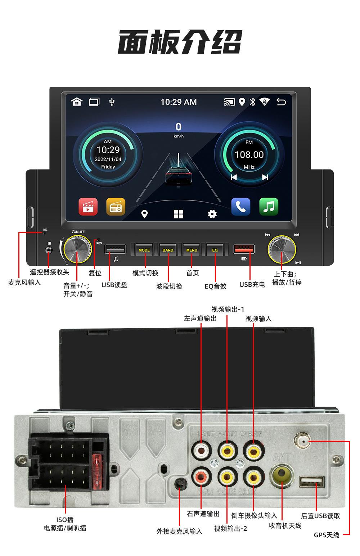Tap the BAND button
pyautogui.click(x=168, y=250)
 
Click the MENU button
pyautogui.click(x=192, y=250)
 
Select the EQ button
pyautogui.click(x=215, y=250)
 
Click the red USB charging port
pyautogui.click(x=244, y=249)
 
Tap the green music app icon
pyautogui.click(x=269, y=207)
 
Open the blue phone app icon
pyautogui.click(x=240, y=207)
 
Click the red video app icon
pyautogui.click(x=88, y=207)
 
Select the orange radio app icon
pyautogui.click(x=116, y=207)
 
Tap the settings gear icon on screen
pyautogui.click(x=212, y=214)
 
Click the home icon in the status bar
pyautogui.click(x=77, y=102)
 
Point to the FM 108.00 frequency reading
pyautogui.click(x=249, y=155)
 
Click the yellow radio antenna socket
pyautogui.click(x=282, y=475)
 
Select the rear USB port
pyautogui.click(x=312, y=482)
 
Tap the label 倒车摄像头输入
pyautogui.click(x=254, y=516)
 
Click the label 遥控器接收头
pyautogui.click(x=50, y=272)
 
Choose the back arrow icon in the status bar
pyautogui.click(x=281, y=102)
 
